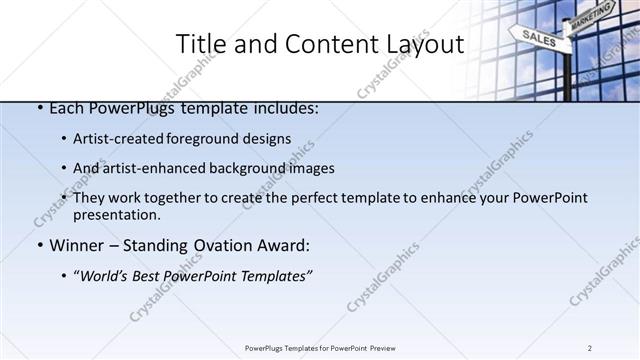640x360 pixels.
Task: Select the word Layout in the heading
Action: (x=420, y=44)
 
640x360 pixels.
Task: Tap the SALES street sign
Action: (x=538, y=37)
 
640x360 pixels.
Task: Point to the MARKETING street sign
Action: (x=591, y=14)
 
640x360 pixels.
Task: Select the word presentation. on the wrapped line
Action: (x=116, y=214)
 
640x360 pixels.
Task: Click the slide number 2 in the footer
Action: (x=590, y=348)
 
